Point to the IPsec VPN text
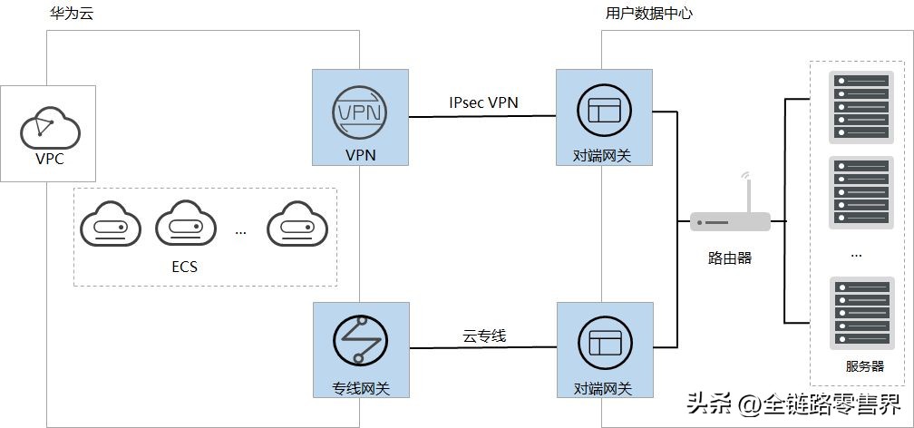483,102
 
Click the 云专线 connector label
484,336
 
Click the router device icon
730,221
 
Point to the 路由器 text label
730,258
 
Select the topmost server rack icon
857,107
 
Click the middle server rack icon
857,192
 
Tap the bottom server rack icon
857,313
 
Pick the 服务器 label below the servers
864,366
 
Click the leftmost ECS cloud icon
110,222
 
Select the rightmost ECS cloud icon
296,222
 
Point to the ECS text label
184,267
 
